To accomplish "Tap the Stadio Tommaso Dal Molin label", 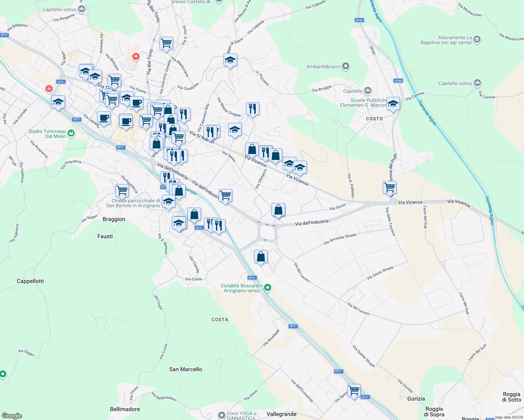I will pos(47,134).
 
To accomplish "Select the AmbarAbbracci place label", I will pos(323,66).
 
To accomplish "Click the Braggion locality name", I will pos(114,219).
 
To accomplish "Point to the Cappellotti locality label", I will pos(30,281).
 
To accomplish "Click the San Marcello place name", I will pos(185,369).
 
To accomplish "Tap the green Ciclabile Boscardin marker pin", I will pos(268,288).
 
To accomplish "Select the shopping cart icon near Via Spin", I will pos(354,390).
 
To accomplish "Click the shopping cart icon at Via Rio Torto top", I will pos(166,43).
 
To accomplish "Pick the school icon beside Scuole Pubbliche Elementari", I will pos(393,104).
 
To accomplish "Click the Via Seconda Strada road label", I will pos(340,239).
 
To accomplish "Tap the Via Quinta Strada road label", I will pos(364,356).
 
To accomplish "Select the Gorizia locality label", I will pos(416,399).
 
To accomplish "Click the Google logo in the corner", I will pos(12,416).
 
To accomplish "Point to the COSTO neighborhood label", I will pos(374,119).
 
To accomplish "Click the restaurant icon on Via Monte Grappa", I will pos(253,109).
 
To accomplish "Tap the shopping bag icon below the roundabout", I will pos(261,257).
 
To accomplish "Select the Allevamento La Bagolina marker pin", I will pos(477,40).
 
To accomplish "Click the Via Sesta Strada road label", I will pos(380,273).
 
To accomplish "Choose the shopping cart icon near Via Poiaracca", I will pos(122,191).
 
